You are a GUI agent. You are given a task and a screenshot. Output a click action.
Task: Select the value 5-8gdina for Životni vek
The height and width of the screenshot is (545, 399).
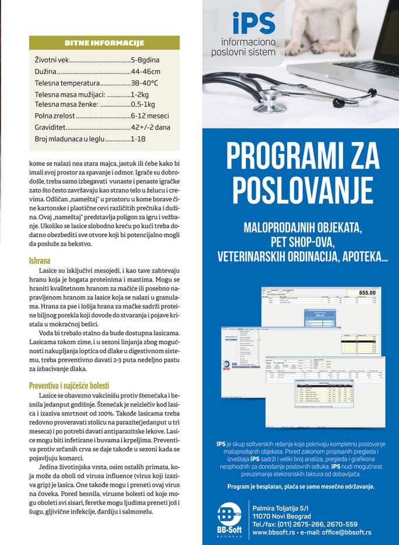[145, 60]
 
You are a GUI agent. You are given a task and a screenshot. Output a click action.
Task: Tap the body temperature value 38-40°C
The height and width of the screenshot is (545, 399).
[144, 83]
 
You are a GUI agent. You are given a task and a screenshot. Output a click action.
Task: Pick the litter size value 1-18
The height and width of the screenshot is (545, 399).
[138, 139]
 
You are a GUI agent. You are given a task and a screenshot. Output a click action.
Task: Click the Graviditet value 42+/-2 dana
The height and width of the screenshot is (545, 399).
[150, 128]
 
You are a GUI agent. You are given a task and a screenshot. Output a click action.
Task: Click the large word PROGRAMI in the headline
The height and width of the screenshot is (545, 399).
[274, 156]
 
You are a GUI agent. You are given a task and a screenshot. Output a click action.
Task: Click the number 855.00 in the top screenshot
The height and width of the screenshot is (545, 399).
[366, 293]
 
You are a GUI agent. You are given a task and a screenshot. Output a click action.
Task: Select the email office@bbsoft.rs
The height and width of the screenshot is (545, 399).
[342, 533]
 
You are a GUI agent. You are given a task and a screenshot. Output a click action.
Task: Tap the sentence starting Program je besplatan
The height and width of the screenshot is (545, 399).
[301, 486]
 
